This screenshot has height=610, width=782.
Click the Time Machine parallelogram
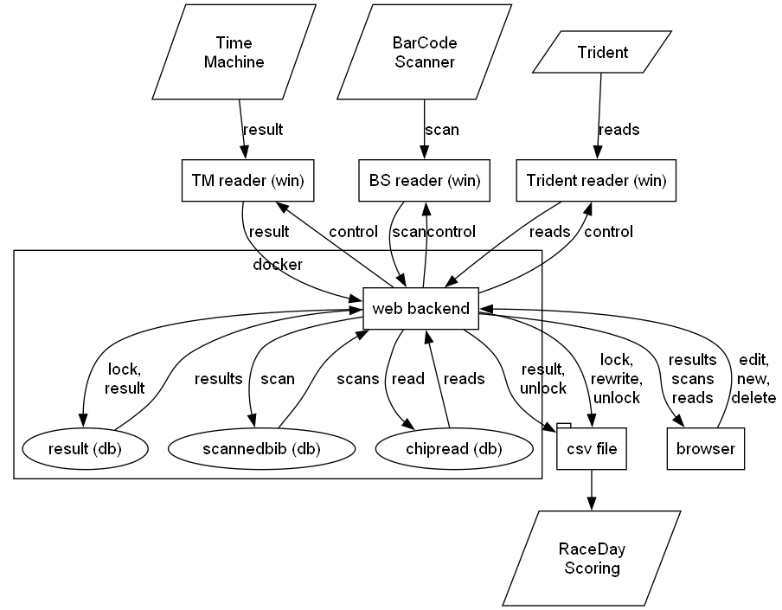[x=240, y=52]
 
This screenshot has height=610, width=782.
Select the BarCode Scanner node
[x=424, y=52]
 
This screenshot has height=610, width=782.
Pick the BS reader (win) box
[x=424, y=181]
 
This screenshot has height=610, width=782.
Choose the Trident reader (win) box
[x=595, y=181]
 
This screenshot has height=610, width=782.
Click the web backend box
[x=421, y=308]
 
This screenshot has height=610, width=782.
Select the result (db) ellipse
[x=83, y=448]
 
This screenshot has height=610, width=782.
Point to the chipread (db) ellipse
[x=452, y=448]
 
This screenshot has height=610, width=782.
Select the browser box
[x=706, y=448]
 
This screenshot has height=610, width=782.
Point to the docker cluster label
[x=277, y=264]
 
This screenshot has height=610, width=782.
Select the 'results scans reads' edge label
[x=692, y=378]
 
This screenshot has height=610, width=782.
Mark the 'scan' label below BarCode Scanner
[x=441, y=130]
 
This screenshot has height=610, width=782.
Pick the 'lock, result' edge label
[x=125, y=378]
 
